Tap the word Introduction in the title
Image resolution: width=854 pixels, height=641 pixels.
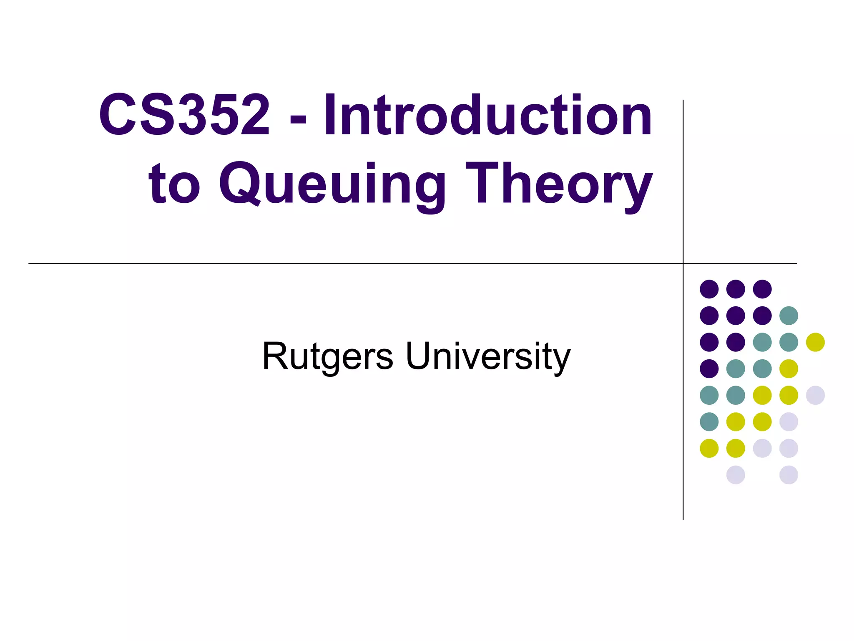tap(487, 115)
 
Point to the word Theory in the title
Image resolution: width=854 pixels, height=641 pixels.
tap(559, 184)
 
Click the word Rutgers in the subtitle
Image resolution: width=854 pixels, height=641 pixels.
tap(327, 356)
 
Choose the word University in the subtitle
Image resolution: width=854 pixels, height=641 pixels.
tap(488, 356)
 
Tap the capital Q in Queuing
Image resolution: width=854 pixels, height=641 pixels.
tap(241, 184)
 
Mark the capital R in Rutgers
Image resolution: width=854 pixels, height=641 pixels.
tap(275, 356)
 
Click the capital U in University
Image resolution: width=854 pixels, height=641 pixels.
tap(419, 356)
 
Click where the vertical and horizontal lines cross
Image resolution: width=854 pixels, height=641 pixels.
tap(683, 263)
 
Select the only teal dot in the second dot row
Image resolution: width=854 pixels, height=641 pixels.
tap(789, 315)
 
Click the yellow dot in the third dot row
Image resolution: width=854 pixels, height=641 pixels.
tap(815, 342)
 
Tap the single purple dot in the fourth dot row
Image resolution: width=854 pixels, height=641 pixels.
tap(709, 368)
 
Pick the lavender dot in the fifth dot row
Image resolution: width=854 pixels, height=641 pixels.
tap(815, 395)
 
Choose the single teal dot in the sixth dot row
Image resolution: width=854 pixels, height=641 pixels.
tap(709, 421)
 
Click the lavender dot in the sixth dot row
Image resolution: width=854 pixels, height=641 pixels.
tap(789, 421)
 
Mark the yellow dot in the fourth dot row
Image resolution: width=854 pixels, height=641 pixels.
tap(789, 368)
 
